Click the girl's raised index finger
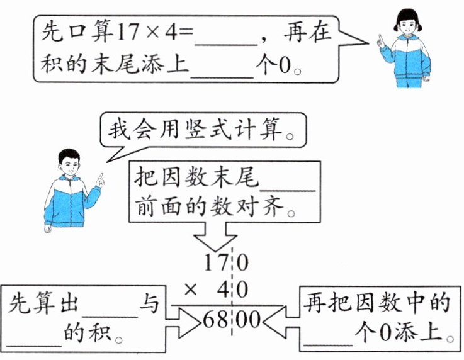(380, 39)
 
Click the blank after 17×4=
(227, 39)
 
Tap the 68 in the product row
(215, 320)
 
